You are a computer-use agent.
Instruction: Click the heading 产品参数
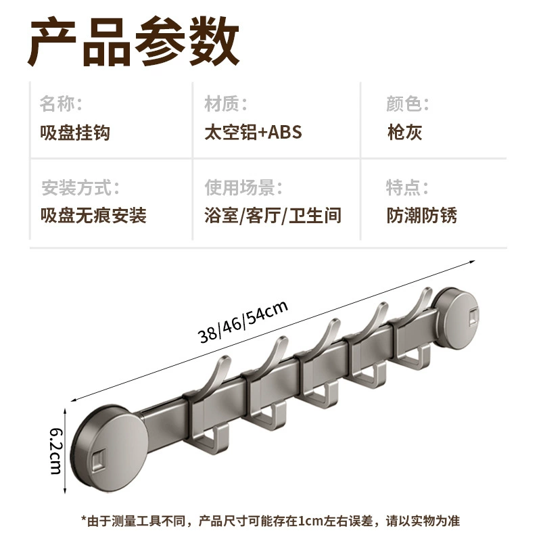coord(133,41)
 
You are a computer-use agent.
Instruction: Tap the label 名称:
coord(61,103)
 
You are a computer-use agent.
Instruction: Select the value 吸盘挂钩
coord(75,133)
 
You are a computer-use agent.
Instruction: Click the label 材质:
coord(226,103)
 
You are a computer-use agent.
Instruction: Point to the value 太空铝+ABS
coord(253,132)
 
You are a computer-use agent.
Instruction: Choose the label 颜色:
coord(408,103)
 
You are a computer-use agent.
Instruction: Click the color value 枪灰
coord(404,132)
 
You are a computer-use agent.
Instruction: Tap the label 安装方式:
coord(80,188)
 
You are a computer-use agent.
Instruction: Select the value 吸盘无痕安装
coord(93,215)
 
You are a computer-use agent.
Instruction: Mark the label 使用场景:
coord(243,188)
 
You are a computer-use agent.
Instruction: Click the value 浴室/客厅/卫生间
coord(273,215)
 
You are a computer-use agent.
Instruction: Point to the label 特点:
coord(407,188)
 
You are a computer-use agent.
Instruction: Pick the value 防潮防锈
coord(421,215)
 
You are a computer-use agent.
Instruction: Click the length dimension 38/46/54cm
coord(243,321)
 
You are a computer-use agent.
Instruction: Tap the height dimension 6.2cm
coord(56,451)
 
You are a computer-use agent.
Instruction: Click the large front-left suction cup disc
coord(110,448)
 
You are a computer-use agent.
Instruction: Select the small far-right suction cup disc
coord(457,318)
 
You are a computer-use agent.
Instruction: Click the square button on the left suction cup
coord(99,461)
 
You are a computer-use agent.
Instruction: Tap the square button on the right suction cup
coord(473,317)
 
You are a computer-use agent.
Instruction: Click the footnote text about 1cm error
coord(270,521)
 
